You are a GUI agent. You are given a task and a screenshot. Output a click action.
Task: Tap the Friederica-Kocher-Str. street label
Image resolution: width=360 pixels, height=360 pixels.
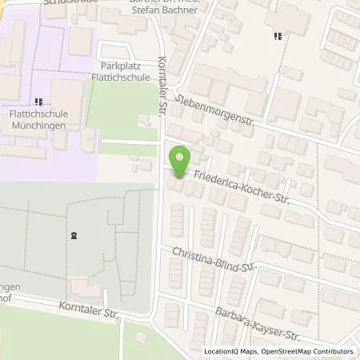pyautogui.click(x=240, y=188)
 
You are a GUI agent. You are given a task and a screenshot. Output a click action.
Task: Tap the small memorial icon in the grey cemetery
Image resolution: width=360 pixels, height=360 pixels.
pyautogui.click(x=73, y=235)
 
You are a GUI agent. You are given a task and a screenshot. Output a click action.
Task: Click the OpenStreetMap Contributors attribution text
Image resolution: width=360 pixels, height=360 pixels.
pyautogui.click(x=310, y=351)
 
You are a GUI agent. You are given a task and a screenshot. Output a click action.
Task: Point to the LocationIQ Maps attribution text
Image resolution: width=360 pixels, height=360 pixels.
pyautogui.click(x=228, y=351)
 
